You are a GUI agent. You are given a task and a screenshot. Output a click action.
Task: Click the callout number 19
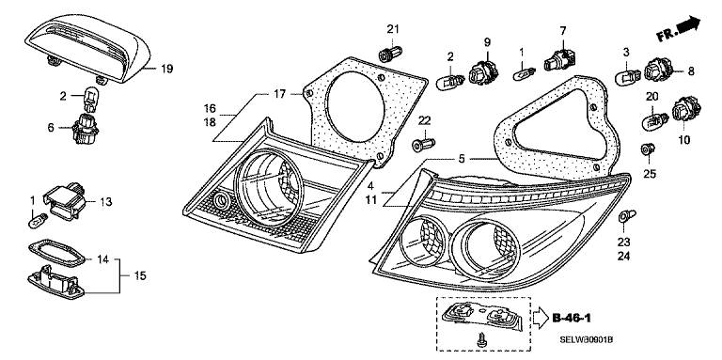tap(166, 69)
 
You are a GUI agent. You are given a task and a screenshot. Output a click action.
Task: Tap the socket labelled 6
tap(86, 129)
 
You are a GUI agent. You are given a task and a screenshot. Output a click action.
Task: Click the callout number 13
tap(106, 202)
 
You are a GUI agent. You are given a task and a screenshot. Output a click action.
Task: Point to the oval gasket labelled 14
tap(57, 252)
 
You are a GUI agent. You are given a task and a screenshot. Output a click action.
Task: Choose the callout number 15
tap(140, 275)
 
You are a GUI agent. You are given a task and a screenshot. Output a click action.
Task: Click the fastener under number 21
tap(390, 55)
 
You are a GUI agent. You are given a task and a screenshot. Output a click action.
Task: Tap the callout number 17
tap(279, 94)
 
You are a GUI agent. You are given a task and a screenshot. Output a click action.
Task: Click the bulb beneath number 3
tap(629, 77)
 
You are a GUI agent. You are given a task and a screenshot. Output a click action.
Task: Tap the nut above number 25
tap(648, 149)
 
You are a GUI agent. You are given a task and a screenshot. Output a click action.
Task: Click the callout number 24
tap(624, 257)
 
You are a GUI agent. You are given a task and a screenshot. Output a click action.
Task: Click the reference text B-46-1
tap(571, 318)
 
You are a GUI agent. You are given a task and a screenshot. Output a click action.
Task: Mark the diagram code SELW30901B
tap(587, 339)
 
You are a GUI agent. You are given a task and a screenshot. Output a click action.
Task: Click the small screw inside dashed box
tap(480, 340)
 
